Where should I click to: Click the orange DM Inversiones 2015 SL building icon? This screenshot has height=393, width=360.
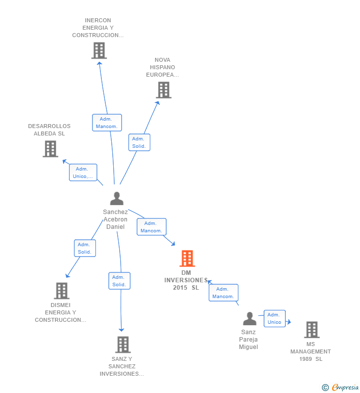point(187,259)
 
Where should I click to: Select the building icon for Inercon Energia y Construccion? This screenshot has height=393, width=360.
point(99,50)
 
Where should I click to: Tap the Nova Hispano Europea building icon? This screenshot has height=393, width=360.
point(163,90)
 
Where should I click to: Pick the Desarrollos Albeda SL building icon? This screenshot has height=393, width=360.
point(50,149)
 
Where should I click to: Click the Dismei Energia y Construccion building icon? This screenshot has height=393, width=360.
point(61,291)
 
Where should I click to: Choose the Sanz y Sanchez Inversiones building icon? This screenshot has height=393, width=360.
point(123,345)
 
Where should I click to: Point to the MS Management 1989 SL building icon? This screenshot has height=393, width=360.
point(311,330)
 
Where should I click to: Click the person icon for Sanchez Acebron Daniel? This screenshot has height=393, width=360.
point(117,199)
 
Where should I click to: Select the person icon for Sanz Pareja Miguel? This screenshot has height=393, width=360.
point(250,319)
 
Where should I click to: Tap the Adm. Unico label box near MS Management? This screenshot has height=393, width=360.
point(274,318)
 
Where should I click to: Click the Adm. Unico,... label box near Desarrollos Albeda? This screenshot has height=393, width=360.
point(83,173)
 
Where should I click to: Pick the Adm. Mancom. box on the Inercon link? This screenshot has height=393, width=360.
point(107,123)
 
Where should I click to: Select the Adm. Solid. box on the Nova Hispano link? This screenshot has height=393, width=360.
point(139,142)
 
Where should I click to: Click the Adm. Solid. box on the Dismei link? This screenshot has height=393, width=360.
point(85,248)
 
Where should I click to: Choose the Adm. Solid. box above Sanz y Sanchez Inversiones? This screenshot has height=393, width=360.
point(119,281)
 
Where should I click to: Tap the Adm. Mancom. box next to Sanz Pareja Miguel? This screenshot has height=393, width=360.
point(223,293)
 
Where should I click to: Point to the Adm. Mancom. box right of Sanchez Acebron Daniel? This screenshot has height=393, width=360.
point(151,227)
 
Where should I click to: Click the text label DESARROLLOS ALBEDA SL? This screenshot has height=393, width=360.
point(49,130)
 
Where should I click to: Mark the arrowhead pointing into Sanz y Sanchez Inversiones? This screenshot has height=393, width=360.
point(121,329)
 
